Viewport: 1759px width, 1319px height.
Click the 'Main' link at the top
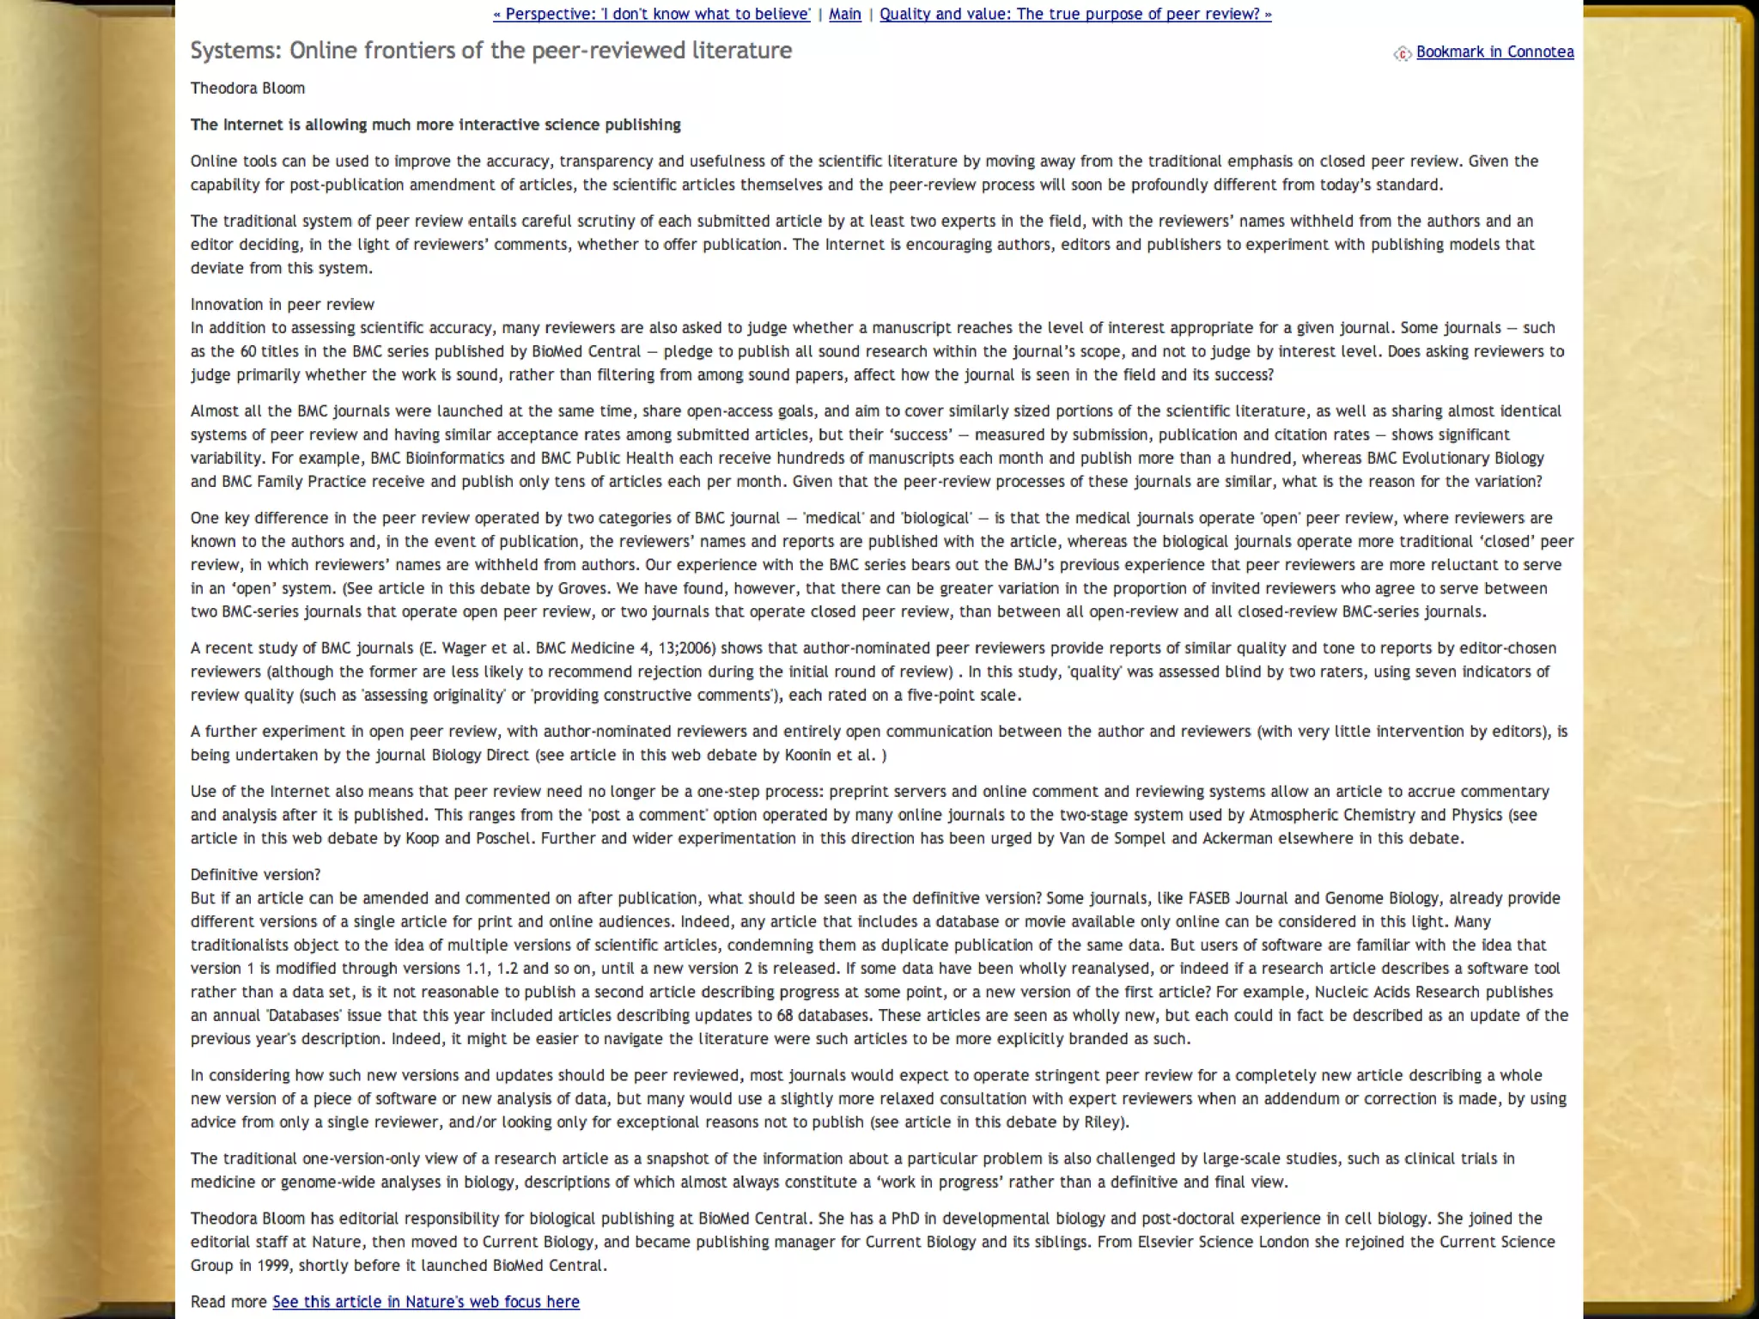[844, 14]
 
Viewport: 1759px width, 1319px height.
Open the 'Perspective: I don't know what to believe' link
[652, 14]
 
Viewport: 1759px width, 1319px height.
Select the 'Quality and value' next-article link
[1074, 14]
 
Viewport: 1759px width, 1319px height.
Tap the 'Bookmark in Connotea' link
[1494, 52]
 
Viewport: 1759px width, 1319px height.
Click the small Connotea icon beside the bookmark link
[1402, 53]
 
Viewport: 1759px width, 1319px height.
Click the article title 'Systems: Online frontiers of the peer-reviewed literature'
[490, 51]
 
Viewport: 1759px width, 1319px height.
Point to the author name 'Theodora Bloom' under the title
[247, 88]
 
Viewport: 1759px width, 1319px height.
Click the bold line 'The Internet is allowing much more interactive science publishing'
[435, 125]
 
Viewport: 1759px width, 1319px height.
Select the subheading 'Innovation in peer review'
[283, 304]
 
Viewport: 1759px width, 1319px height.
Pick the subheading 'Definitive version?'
[255, 874]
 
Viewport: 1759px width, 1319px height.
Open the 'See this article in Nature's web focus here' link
[426, 1301]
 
